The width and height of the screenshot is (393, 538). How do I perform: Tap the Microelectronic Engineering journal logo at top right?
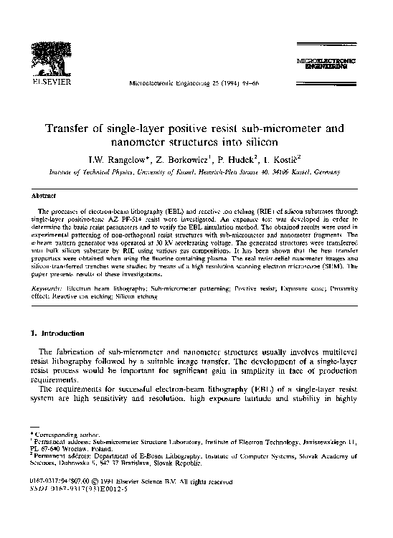click(x=325, y=63)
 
